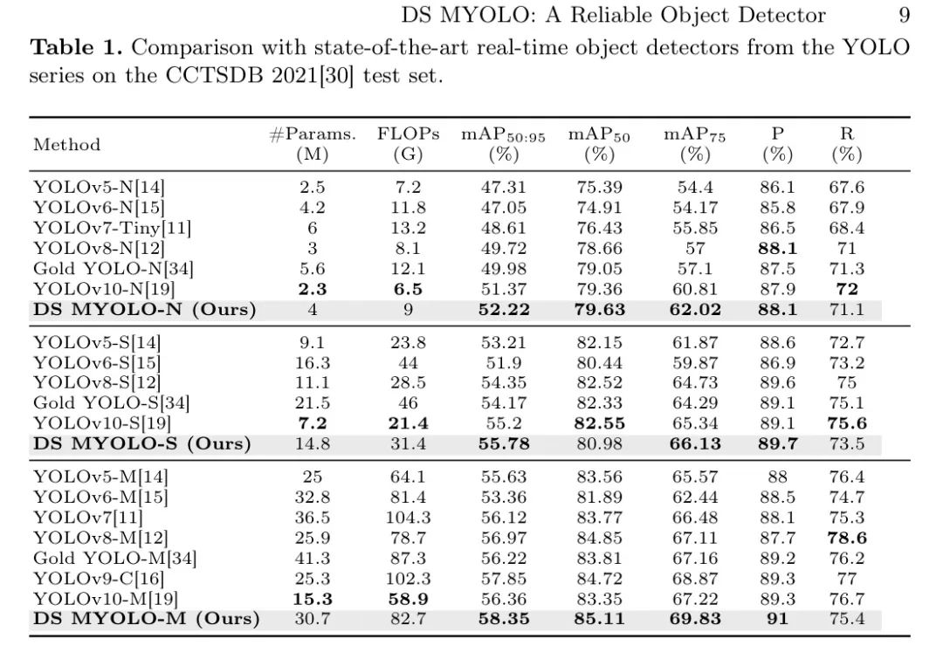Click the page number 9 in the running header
[x=904, y=15]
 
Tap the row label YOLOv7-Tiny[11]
[x=112, y=229]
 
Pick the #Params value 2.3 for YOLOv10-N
[x=312, y=290]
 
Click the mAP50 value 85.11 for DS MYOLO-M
[x=599, y=619]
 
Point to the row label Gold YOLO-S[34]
[x=111, y=402]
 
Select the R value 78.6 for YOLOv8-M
[x=846, y=538]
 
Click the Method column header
[x=67, y=145]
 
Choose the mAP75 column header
[x=694, y=144]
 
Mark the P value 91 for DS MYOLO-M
[x=777, y=619]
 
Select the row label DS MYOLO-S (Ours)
[x=141, y=443]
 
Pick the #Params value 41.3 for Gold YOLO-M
[x=312, y=558]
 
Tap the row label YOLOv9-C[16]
[x=99, y=578]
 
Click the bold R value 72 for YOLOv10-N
[x=846, y=290]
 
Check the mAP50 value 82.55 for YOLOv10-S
[x=599, y=423]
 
